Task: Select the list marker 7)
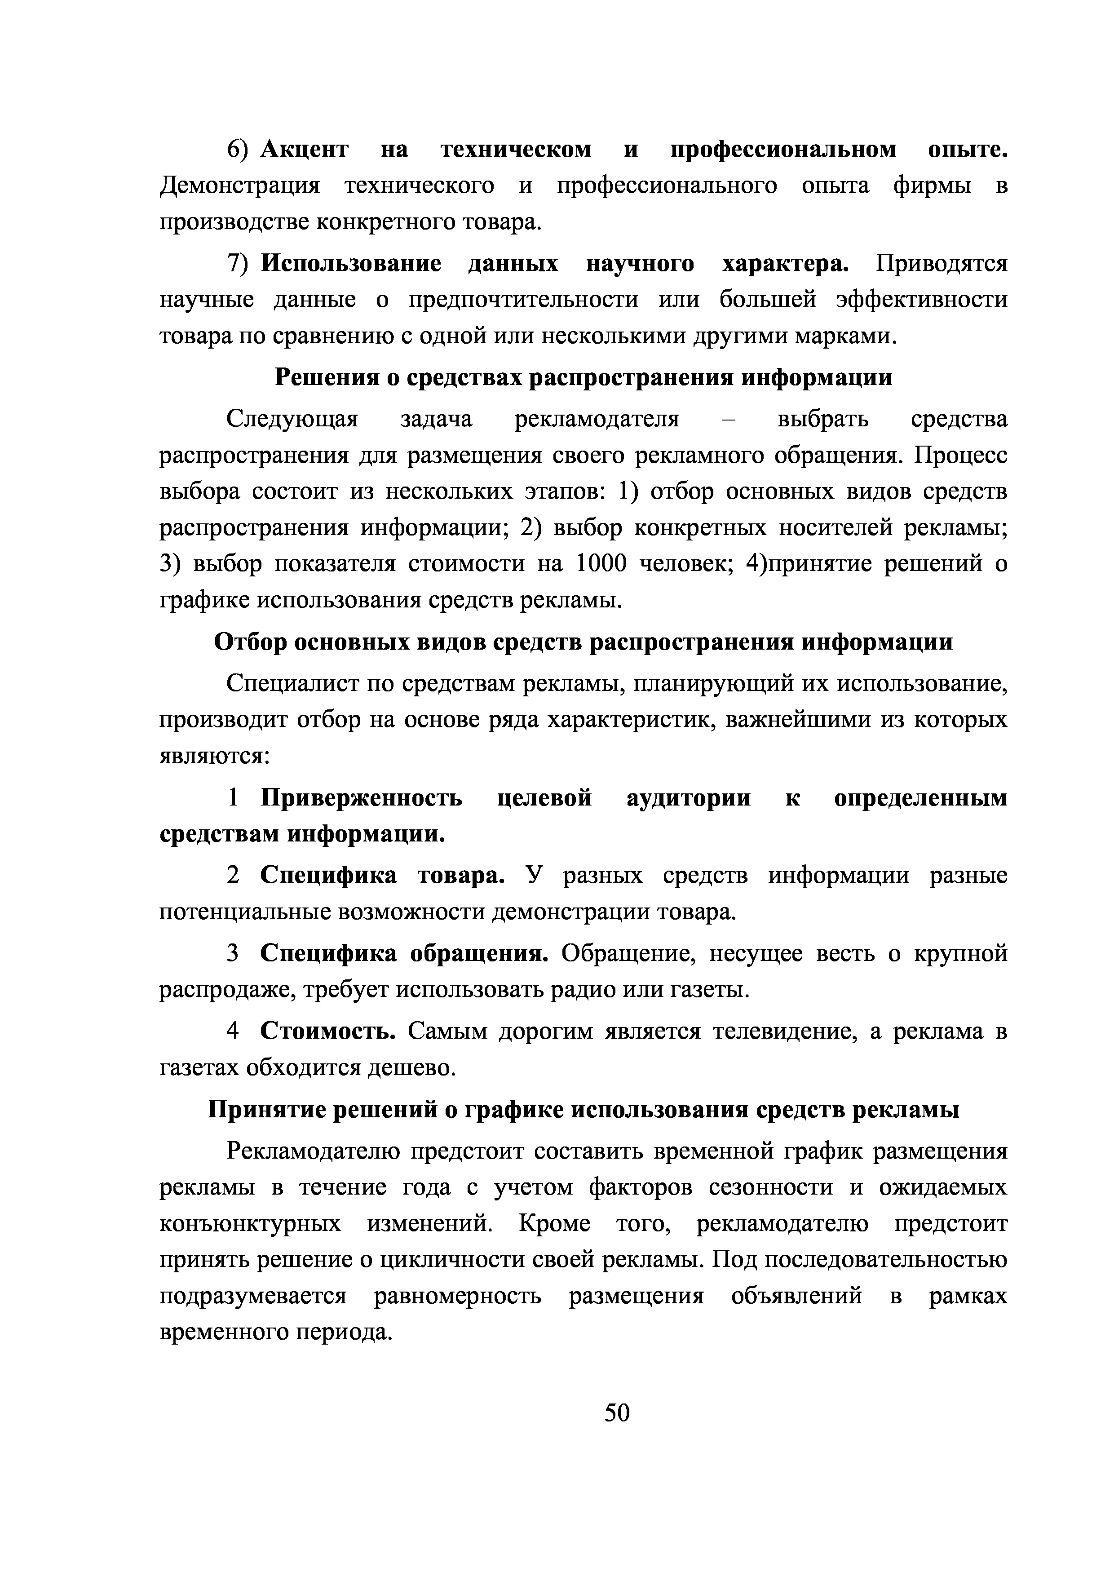coord(240,264)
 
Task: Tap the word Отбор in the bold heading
coord(249,642)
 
